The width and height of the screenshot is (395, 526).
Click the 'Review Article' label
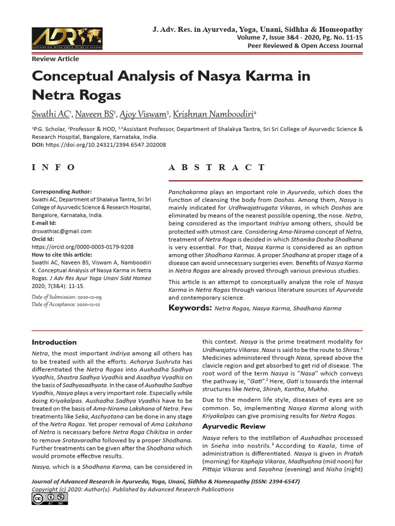[x=55, y=59]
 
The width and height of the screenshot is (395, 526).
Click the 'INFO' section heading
[x=53, y=167]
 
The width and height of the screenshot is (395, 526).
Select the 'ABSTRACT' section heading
[x=217, y=167]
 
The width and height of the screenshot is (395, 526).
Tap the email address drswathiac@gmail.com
[x=62, y=231]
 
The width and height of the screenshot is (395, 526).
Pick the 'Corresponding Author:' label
[x=62, y=191]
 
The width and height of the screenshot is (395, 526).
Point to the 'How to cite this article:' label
[x=62, y=254]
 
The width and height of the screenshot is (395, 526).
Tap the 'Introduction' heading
[x=54, y=342]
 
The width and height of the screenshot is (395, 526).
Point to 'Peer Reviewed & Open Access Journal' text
[x=306, y=46]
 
